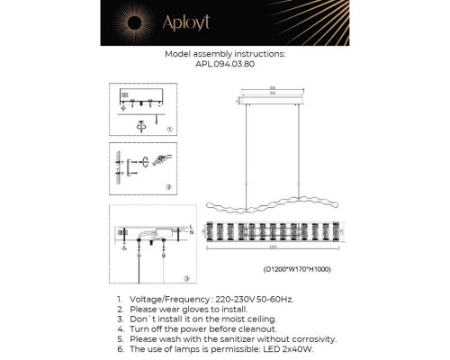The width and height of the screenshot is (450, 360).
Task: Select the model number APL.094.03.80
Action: pos(224,64)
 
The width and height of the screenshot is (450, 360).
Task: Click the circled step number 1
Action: pos(169,130)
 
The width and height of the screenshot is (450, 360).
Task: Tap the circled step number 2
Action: pos(168,187)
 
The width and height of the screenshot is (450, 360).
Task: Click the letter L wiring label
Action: pos(192,227)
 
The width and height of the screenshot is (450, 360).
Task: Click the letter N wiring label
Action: pos(192,233)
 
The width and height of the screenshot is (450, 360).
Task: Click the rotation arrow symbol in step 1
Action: pos(139,125)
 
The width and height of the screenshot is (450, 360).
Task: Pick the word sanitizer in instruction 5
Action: pos(245,338)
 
